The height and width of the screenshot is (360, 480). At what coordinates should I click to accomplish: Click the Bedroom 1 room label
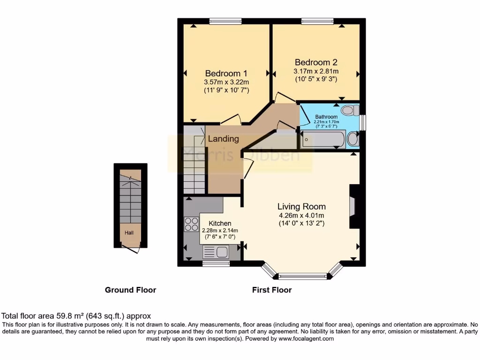click(226, 74)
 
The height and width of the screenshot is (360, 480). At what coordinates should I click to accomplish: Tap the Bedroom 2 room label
click(316, 62)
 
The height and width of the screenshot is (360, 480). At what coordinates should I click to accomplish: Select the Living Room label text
click(301, 206)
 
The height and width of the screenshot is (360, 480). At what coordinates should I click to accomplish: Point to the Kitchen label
click(219, 224)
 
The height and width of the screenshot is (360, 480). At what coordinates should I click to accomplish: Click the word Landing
click(223, 139)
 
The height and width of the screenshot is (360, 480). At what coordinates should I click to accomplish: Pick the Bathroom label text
click(326, 117)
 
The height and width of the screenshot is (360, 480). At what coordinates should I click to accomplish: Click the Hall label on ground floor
click(129, 232)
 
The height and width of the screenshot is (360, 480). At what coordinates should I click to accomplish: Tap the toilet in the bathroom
click(349, 111)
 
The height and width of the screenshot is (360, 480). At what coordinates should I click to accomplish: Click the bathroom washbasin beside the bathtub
click(352, 139)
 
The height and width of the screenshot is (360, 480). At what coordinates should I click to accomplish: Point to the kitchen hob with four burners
click(191, 224)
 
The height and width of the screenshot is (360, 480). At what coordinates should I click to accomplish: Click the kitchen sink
click(216, 253)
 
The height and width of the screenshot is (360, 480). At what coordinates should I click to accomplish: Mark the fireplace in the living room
click(352, 206)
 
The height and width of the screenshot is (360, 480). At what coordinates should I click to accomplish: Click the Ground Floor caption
click(130, 290)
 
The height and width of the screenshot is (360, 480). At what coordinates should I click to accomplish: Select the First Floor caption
click(272, 290)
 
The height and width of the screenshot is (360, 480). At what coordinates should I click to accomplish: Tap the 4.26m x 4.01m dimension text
click(301, 216)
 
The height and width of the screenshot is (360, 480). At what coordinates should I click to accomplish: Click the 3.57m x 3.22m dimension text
click(226, 82)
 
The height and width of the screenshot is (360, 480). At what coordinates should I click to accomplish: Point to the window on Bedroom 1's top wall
click(225, 20)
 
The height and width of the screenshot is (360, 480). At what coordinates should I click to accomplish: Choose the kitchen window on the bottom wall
click(216, 264)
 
